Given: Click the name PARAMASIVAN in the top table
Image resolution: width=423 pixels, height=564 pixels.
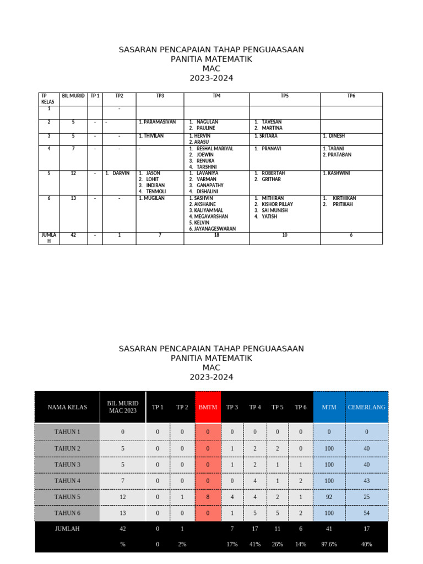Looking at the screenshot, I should (160, 122).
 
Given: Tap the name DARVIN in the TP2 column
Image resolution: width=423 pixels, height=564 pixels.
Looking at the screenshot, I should (121, 173).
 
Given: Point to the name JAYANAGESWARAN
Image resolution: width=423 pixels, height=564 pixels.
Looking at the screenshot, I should (214, 229).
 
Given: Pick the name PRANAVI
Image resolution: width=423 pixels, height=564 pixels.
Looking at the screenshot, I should (272, 149).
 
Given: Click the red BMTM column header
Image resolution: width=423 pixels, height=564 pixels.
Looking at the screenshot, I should (208, 407).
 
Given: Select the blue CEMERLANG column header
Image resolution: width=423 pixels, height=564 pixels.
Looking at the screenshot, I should (367, 407).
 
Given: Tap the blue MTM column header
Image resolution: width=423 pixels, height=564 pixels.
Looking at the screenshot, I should (329, 407).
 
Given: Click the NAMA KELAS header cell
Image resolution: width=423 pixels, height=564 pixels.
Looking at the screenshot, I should (67, 407).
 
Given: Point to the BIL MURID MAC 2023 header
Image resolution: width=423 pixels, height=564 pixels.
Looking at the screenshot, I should (123, 407).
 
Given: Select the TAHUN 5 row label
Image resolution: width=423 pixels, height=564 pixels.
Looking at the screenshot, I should (67, 497).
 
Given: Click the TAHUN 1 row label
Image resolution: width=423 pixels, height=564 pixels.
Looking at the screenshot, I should (67, 432).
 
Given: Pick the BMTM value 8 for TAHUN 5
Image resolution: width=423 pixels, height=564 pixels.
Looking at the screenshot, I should (208, 497).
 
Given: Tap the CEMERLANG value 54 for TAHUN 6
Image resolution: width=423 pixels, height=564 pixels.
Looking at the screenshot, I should (367, 513).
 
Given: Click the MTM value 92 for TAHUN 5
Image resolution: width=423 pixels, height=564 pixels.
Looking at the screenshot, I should (329, 497).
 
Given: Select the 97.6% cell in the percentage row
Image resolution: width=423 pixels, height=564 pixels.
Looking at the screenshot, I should (329, 544).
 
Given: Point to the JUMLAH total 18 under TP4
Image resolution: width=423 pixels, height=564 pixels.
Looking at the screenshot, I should (216, 235).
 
